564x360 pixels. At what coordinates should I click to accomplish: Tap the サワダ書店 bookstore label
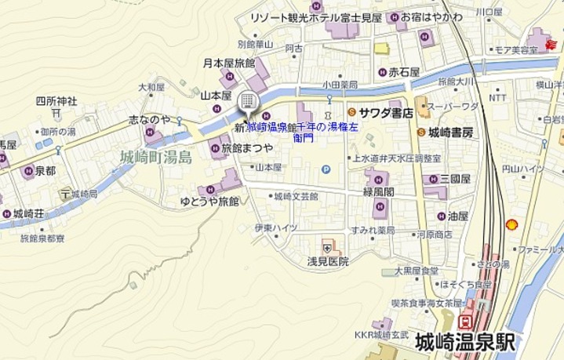click(386, 113)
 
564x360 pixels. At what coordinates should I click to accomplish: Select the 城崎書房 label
click(450, 133)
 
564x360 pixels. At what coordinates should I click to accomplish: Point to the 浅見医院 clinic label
click(328, 261)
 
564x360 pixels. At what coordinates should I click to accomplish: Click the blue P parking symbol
click(326, 169)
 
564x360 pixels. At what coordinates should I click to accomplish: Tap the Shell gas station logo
click(511, 224)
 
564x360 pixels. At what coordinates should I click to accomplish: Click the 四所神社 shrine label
click(56, 101)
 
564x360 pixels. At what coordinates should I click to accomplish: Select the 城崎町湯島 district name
click(156, 158)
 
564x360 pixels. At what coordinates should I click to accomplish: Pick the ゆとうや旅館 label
click(209, 202)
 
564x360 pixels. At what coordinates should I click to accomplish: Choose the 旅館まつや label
click(247, 147)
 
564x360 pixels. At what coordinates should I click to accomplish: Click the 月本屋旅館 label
click(229, 63)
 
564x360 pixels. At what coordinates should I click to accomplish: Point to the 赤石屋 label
click(404, 72)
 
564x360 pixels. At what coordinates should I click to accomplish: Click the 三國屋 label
click(455, 179)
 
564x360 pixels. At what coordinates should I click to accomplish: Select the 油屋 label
click(457, 216)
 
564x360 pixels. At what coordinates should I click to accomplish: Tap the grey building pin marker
click(246, 101)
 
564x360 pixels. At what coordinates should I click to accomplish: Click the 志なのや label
click(149, 119)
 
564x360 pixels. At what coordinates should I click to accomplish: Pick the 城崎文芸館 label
click(296, 196)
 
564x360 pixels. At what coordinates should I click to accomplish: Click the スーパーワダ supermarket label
click(453, 107)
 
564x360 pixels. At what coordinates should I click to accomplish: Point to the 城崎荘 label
click(28, 213)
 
